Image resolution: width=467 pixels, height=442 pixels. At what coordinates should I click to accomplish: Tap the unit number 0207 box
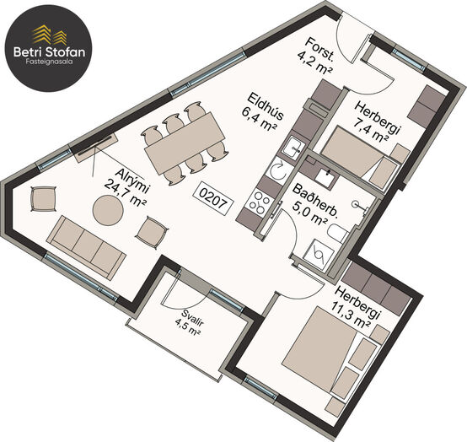click(213, 199)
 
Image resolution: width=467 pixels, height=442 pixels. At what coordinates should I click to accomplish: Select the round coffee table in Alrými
click(108, 210)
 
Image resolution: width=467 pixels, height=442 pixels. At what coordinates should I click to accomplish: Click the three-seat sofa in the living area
click(86, 247)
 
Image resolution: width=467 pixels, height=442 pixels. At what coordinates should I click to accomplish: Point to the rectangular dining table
click(185, 143)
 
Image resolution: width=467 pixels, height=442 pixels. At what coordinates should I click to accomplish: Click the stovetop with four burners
click(259, 202)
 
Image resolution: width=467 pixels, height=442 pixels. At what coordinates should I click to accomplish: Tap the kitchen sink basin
click(293, 148)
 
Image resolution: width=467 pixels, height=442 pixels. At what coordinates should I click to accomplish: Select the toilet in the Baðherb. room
click(338, 233)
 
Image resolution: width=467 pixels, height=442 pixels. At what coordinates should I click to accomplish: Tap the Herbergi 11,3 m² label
click(357, 308)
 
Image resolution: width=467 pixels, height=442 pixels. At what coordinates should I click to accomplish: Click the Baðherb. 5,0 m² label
click(314, 203)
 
